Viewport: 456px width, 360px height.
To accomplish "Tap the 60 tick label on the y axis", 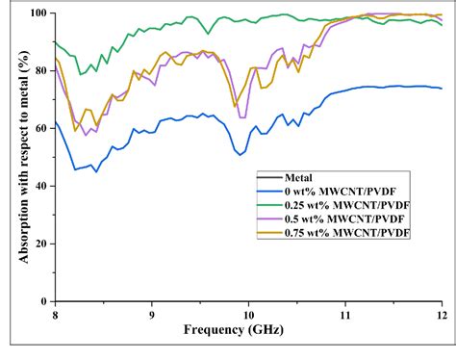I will click(39, 127).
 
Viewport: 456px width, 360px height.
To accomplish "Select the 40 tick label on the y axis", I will click(39, 184).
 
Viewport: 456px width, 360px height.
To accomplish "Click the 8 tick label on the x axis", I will click(55, 314).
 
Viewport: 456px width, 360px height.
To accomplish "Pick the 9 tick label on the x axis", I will click(152, 314).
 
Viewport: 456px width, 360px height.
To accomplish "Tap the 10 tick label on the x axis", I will click(248, 314).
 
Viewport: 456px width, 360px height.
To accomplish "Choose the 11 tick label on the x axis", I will click(345, 314).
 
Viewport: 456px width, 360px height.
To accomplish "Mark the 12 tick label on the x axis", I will click(442, 314).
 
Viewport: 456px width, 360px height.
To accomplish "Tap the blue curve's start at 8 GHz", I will click(56, 121).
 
